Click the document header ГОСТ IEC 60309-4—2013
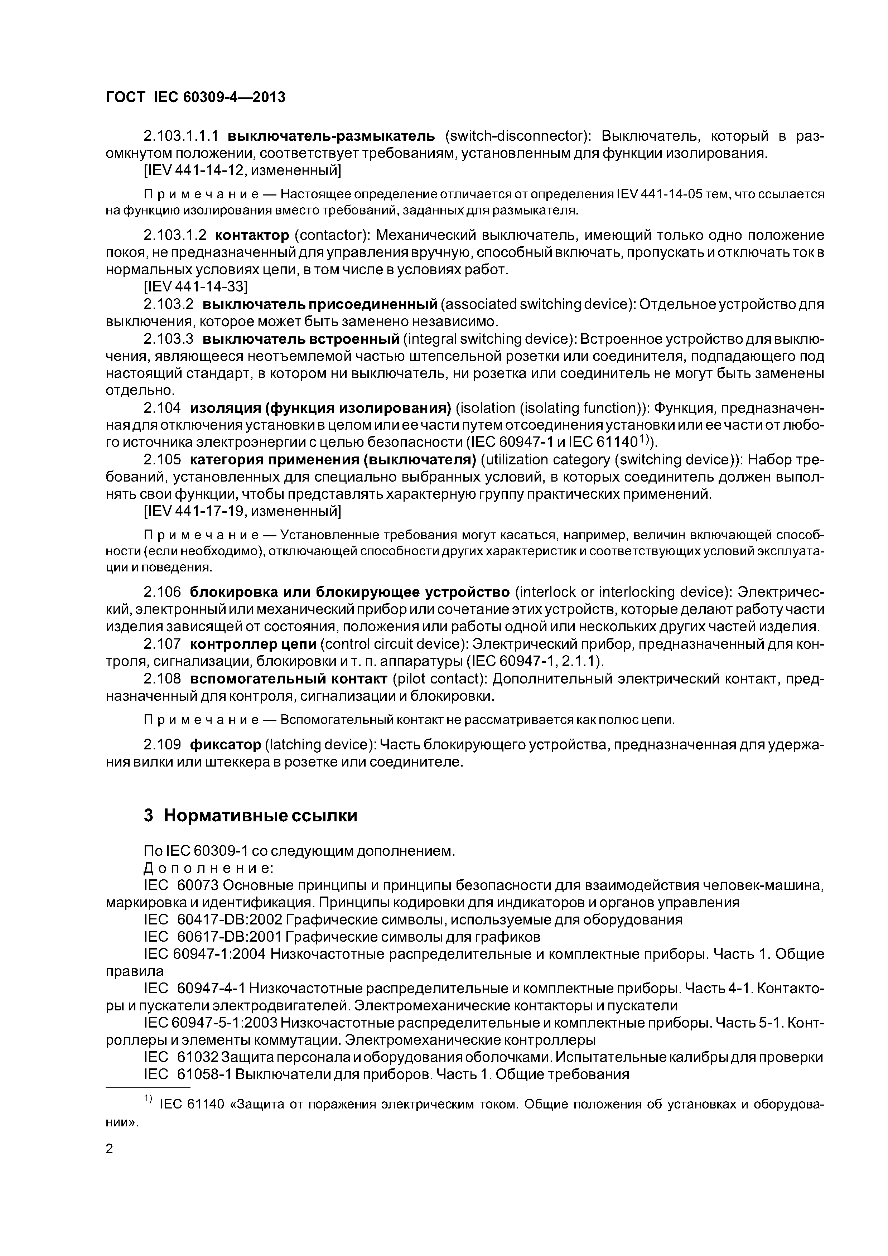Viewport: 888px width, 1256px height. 196,97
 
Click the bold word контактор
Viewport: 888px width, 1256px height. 252,236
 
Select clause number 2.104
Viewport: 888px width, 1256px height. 161,408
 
